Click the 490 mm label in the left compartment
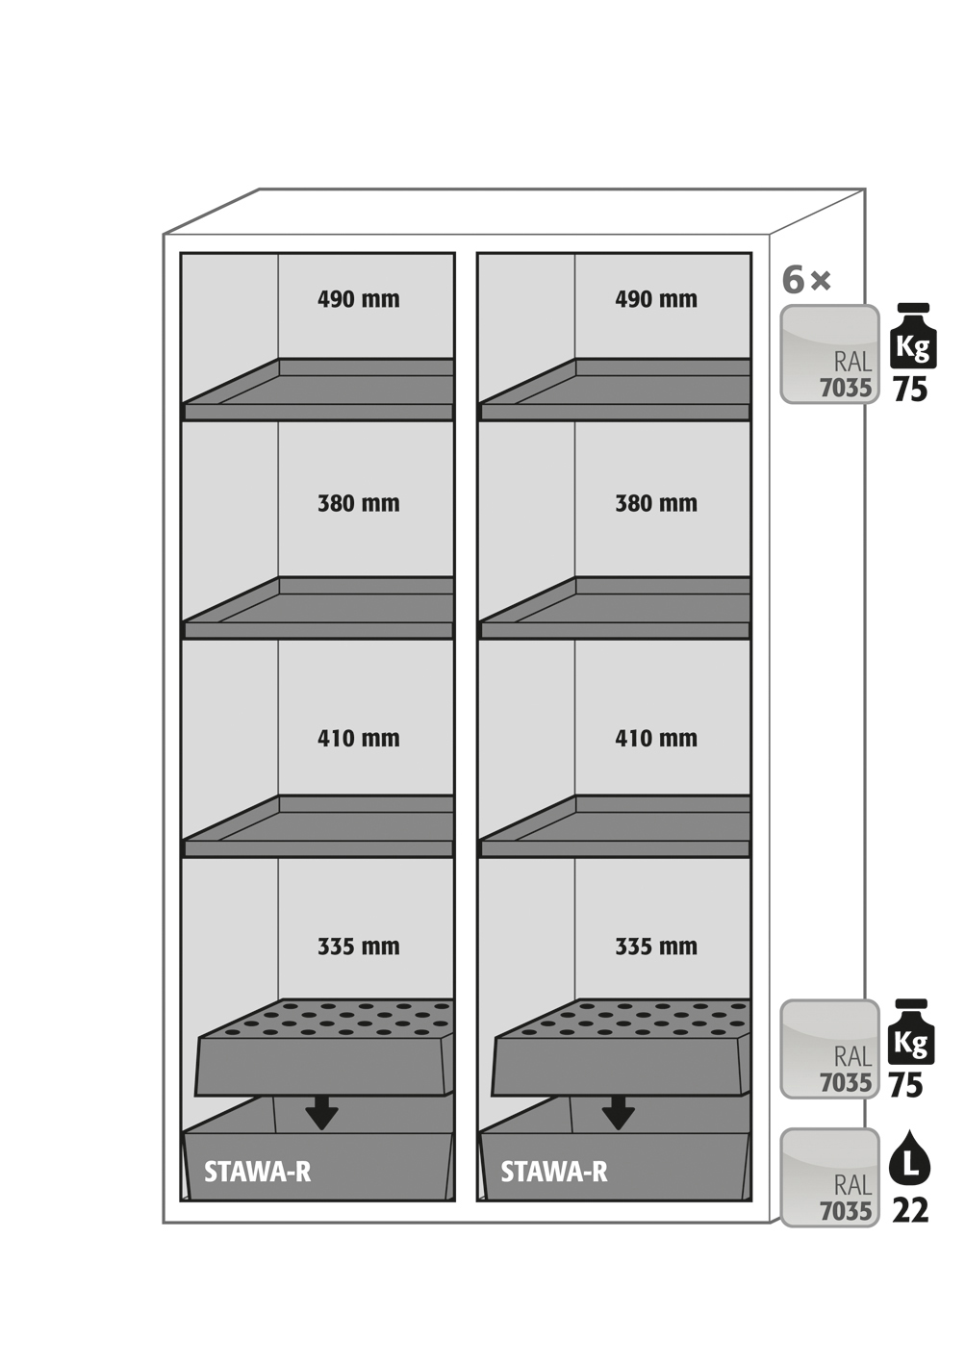pos(358,299)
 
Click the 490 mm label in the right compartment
pos(655,299)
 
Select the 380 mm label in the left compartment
pos(358,503)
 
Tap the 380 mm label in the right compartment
pos(655,503)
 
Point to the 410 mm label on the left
pos(358,739)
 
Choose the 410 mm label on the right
pos(655,739)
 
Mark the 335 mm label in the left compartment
pos(358,947)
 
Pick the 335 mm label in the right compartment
pos(655,947)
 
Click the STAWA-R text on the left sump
pos(257,1172)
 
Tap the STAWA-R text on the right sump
pos(553,1172)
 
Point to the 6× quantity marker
pos(806,280)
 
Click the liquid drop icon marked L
pos(910,1161)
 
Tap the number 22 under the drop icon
pos(910,1210)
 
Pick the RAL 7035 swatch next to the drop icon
pos(829,1177)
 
